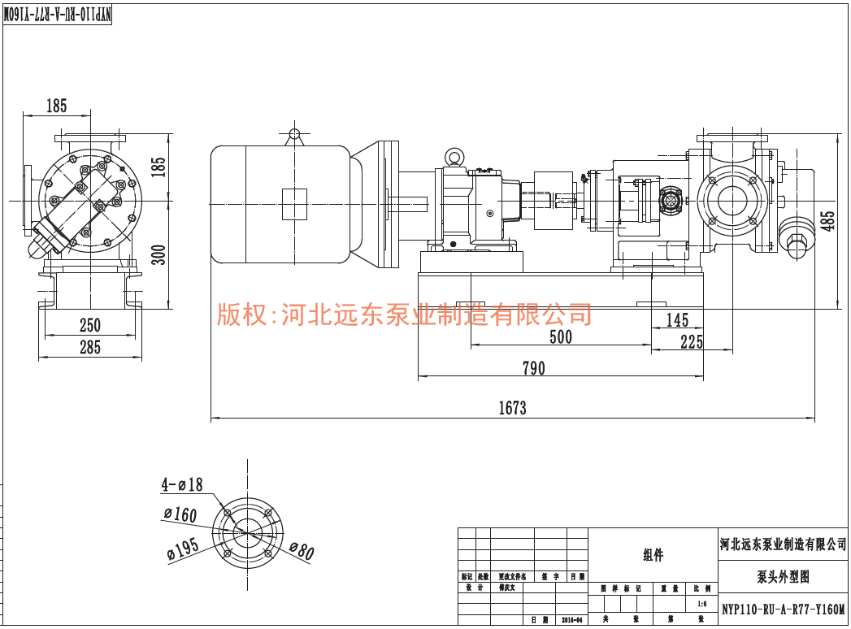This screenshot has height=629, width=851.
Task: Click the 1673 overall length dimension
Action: tap(512, 408)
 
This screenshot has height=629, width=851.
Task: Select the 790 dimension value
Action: tap(533, 368)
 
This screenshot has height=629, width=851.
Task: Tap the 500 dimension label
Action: tap(561, 336)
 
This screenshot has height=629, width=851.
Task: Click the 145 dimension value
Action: tap(677, 320)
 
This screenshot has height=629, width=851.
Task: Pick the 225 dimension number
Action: tap(692, 341)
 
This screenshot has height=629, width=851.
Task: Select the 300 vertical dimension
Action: tap(159, 254)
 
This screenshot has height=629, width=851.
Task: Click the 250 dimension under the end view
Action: tap(89, 325)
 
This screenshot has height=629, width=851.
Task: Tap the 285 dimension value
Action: tap(89, 348)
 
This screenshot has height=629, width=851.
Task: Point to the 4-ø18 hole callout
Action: tap(182, 485)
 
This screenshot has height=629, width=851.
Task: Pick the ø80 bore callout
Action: tap(301, 552)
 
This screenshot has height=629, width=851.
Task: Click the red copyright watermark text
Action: tap(404, 314)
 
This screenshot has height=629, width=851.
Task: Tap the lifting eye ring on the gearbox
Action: tap(454, 156)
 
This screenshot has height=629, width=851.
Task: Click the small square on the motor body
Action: tap(294, 203)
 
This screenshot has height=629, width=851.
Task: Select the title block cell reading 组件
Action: tap(653, 555)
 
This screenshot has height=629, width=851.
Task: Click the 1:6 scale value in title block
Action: tap(702, 605)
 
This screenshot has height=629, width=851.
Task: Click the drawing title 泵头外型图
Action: tap(783, 577)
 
